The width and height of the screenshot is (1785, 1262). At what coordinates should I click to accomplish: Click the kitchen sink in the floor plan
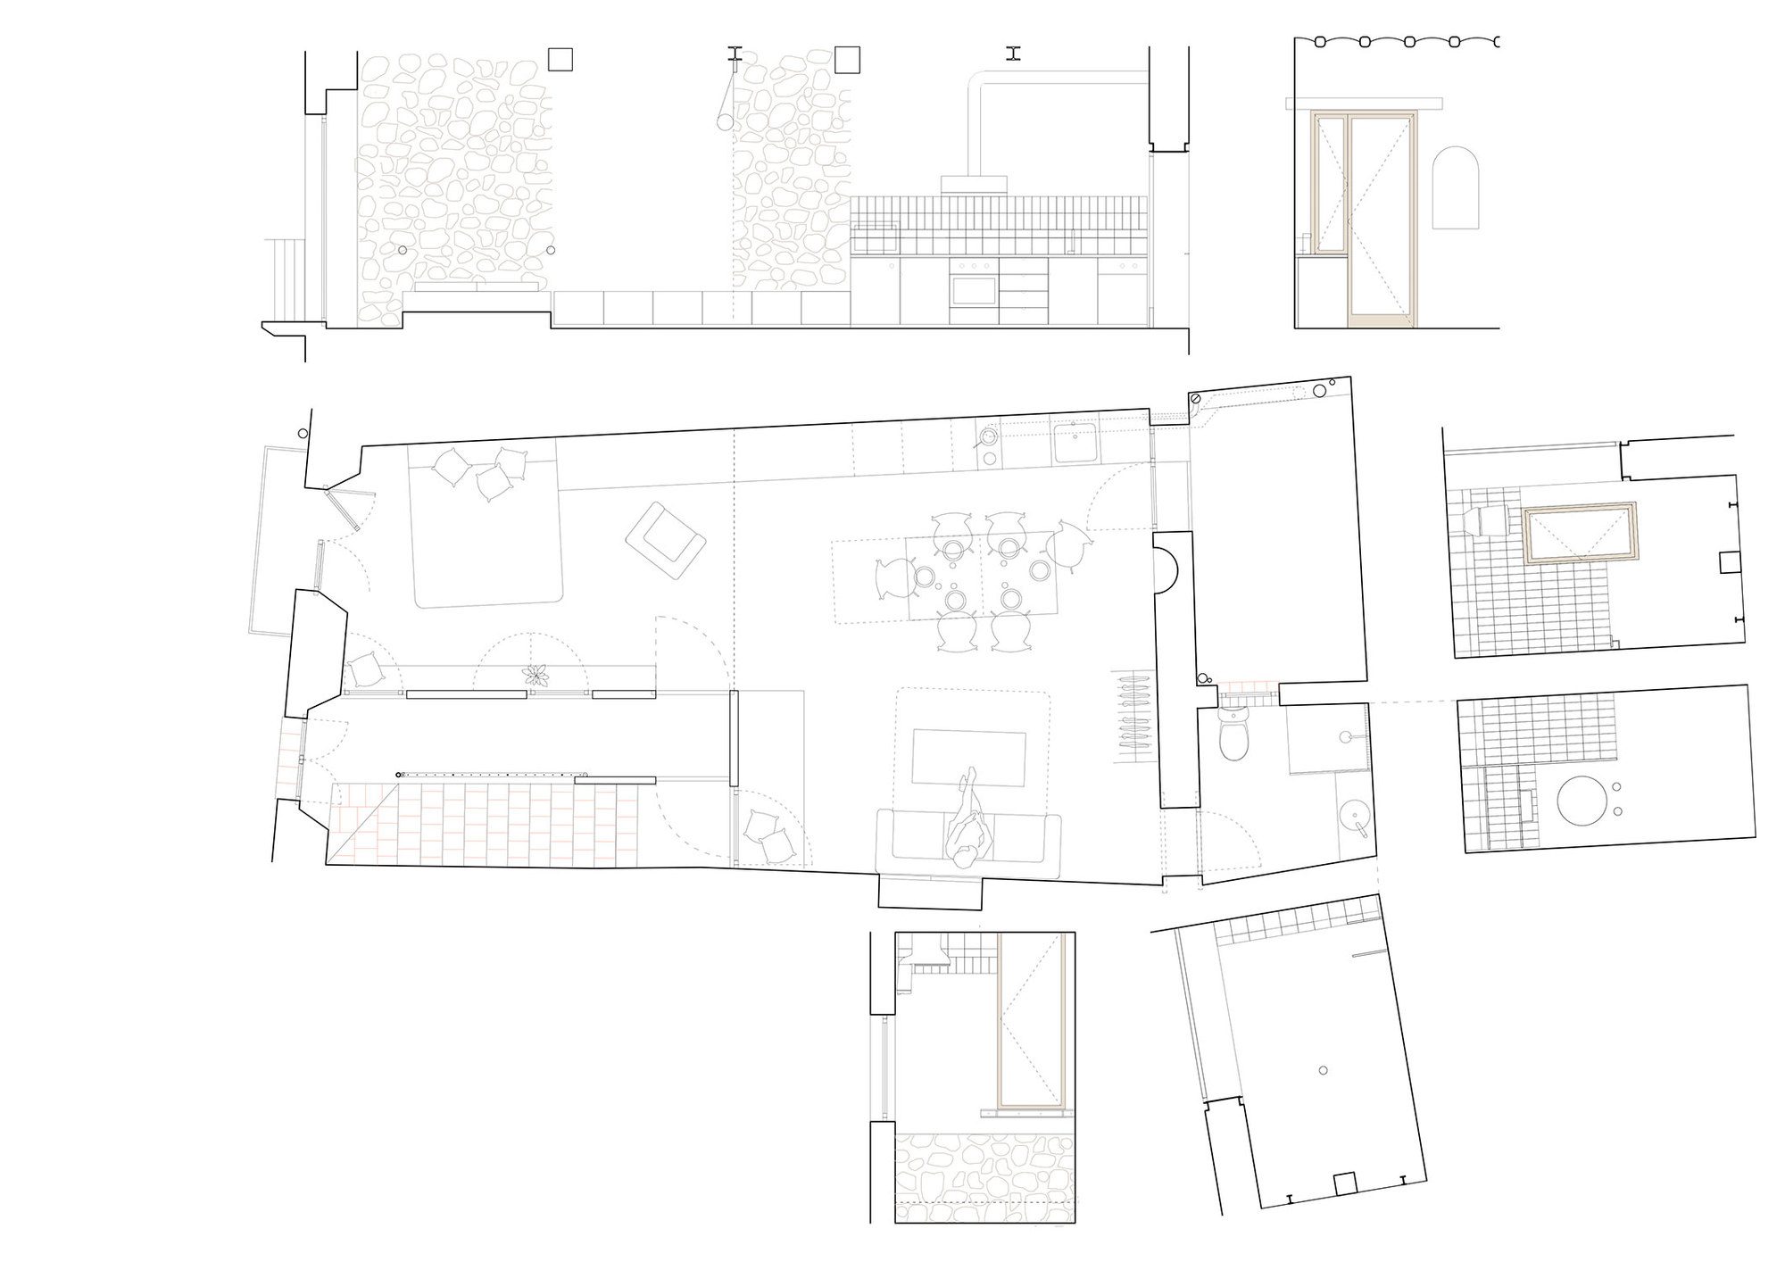click(1075, 443)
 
